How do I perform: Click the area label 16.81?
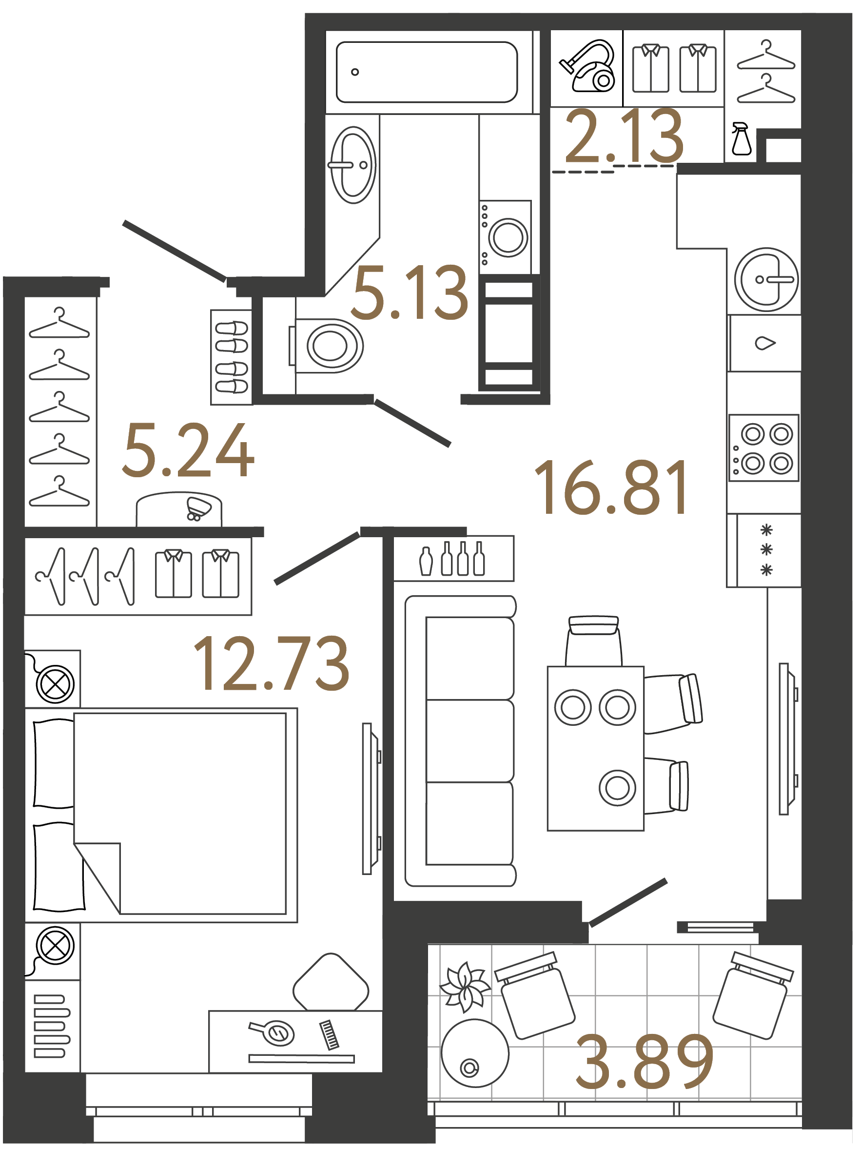coord(612,488)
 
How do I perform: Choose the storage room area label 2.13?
coord(624,136)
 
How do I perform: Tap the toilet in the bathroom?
coord(329,346)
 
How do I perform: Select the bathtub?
coord(427,72)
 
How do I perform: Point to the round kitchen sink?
coord(766,279)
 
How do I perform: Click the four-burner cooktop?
coord(763,448)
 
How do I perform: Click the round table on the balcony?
coord(475,1053)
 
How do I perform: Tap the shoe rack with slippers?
coord(231,357)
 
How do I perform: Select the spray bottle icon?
coord(742,139)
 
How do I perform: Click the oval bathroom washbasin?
coord(353,165)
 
